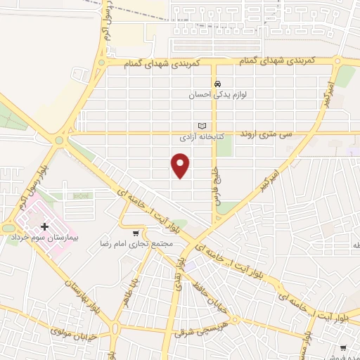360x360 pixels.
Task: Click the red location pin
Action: coord(181,166)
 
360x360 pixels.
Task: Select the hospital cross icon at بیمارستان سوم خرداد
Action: coord(45,226)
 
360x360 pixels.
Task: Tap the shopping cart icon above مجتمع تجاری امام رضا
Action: coord(136,231)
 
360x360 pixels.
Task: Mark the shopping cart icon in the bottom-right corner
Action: coord(343,348)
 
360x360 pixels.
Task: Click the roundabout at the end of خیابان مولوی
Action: coord(115,328)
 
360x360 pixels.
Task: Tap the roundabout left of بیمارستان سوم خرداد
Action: coord(8,229)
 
